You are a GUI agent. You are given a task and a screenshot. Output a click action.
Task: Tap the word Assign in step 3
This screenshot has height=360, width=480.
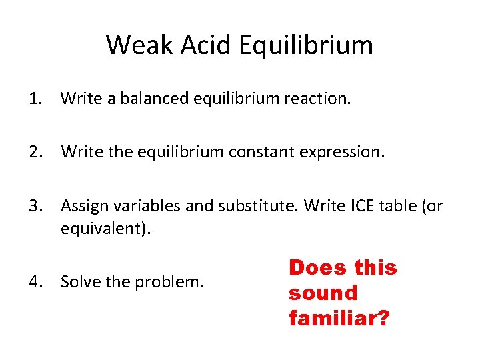click(x=83, y=207)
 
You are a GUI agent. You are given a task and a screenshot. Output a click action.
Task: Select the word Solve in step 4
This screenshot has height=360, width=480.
click(x=79, y=282)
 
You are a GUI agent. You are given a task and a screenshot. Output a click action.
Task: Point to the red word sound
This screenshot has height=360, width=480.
click(x=323, y=293)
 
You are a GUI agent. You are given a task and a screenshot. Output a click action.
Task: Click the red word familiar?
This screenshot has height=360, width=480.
click(x=339, y=317)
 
